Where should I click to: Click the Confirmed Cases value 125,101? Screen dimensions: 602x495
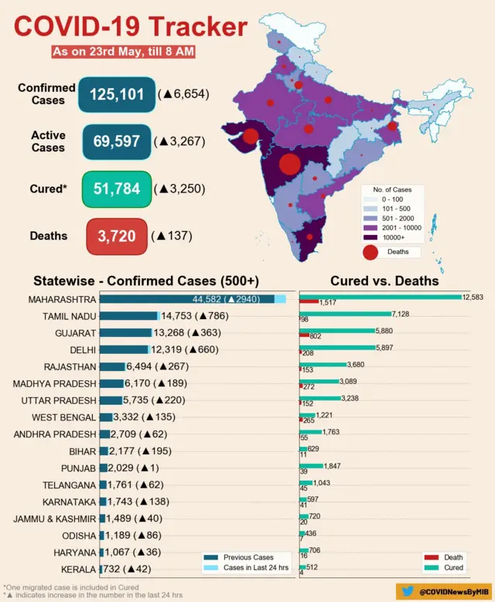coord(117,94)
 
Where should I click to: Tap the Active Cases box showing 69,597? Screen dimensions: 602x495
coord(117,141)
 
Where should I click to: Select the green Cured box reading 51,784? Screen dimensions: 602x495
coord(117,189)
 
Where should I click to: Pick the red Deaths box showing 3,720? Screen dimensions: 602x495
coord(117,236)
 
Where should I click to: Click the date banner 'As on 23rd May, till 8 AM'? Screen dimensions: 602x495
coord(123,52)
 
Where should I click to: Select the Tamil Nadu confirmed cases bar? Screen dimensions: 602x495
coord(128,316)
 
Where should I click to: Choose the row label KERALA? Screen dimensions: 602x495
coord(78,570)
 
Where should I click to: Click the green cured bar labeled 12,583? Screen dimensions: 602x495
coord(379,297)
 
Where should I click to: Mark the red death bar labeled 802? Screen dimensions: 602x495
coord(303,335)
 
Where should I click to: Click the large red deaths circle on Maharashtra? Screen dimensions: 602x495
coord(289,165)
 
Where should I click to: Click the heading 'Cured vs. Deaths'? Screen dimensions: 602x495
coord(384,281)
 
